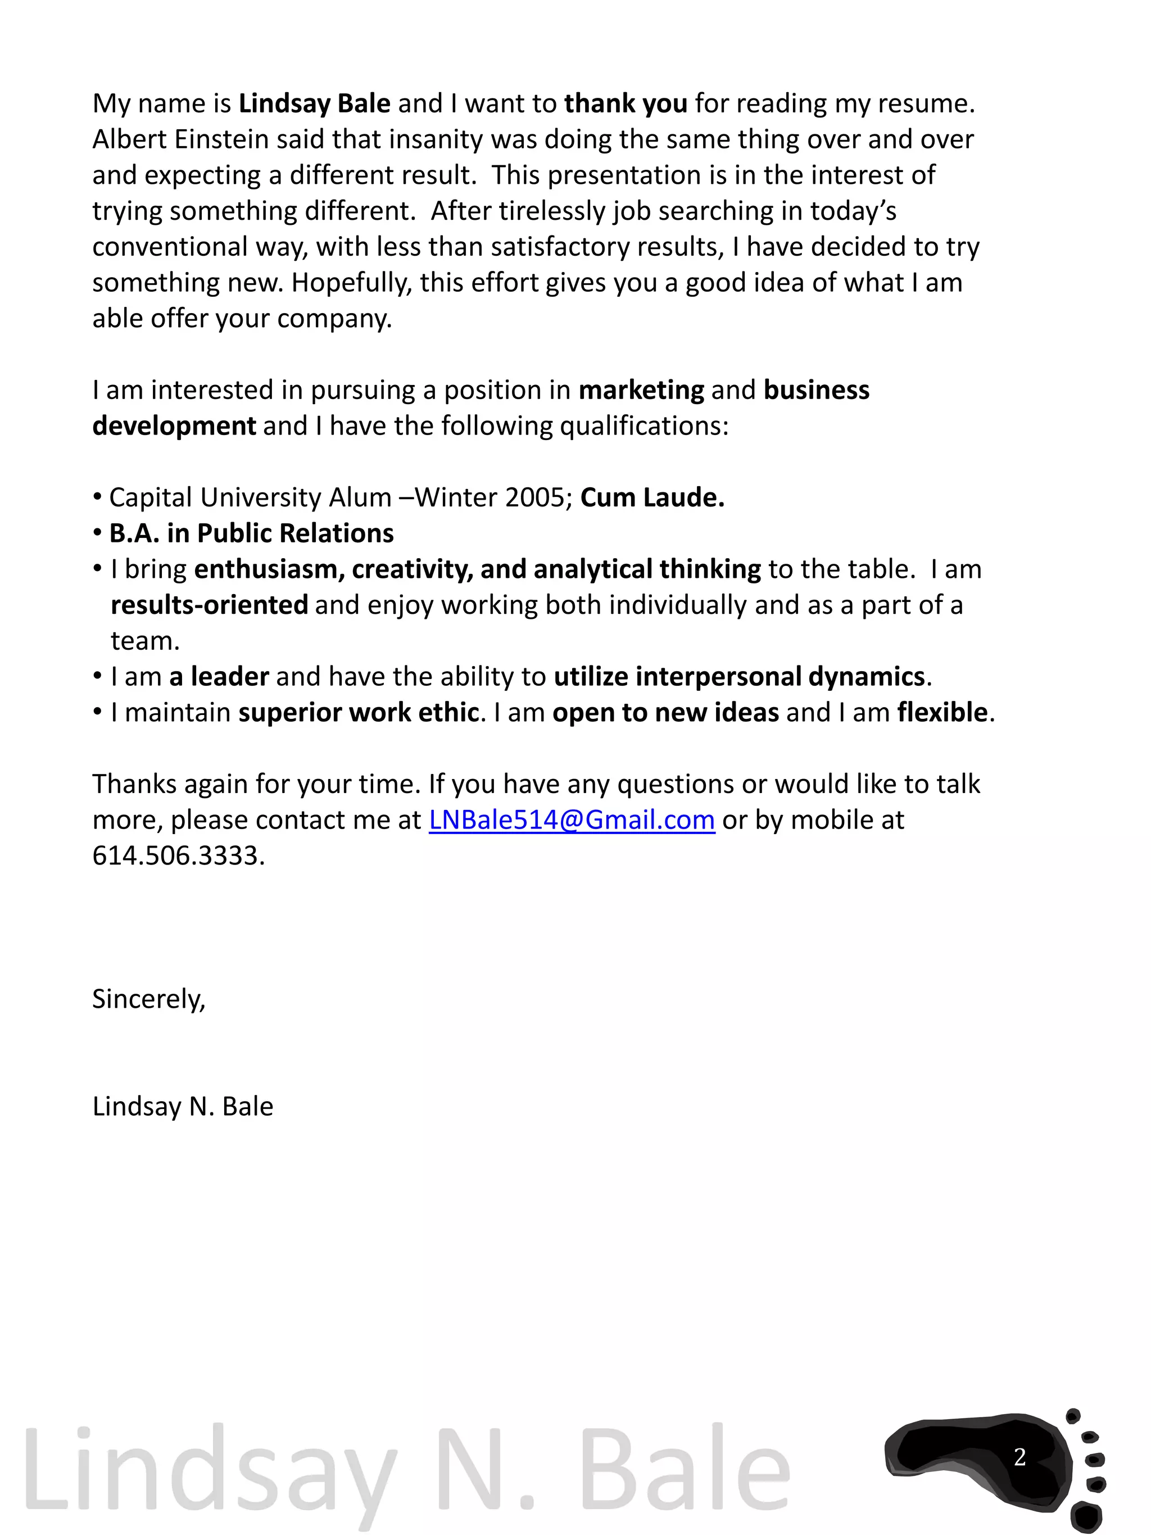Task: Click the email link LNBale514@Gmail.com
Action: [x=571, y=820]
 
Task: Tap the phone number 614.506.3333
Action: [x=178, y=855]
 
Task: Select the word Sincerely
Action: [x=148, y=999]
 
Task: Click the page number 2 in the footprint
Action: [x=1019, y=1456]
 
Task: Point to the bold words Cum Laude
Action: [x=651, y=497]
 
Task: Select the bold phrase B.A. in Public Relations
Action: [x=251, y=533]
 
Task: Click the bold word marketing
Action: [x=641, y=390]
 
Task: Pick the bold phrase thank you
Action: [x=625, y=103]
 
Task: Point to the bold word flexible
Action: [x=941, y=713]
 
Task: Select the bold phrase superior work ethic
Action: [x=359, y=713]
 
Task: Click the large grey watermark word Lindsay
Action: [x=208, y=1471]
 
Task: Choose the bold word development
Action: [x=174, y=426]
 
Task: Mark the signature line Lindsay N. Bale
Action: [x=183, y=1107]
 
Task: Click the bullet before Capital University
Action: [x=97, y=497]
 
